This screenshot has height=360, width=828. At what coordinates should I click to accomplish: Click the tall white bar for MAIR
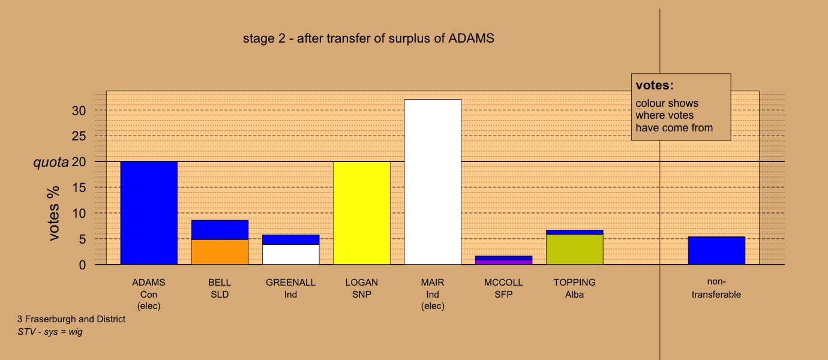[x=433, y=181]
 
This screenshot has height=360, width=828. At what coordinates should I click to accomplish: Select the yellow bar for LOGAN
[x=362, y=213]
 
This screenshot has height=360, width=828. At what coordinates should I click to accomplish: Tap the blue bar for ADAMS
[x=149, y=213]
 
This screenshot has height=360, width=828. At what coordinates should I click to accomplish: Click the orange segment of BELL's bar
[x=220, y=252]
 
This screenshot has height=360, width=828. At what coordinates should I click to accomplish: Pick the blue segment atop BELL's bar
[x=220, y=230]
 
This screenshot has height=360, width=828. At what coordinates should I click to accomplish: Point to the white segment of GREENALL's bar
[x=290, y=254]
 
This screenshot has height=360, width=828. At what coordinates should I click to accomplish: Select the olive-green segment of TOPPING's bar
[x=574, y=250]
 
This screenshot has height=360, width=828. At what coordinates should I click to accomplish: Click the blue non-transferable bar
[x=716, y=251]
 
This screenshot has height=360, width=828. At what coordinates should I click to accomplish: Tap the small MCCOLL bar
[x=503, y=260]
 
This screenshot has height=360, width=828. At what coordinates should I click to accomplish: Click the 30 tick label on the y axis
[x=79, y=110]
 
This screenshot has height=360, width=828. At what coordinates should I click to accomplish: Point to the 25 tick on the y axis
[x=79, y=136]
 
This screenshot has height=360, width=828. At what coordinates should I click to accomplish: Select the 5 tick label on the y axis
[x=82, y=239]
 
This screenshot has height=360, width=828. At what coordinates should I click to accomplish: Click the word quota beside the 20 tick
[x=51, y=162]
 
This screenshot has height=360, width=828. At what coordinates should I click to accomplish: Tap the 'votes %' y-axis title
[x=53, y=213]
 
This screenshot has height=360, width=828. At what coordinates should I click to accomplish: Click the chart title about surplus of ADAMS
[x=368, y=38]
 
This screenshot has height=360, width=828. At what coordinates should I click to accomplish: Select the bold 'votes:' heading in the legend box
[x=655, y=85]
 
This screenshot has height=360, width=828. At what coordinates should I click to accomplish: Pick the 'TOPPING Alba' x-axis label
[x=574, y=288]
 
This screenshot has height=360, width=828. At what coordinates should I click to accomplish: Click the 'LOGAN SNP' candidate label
[x=362, y=288]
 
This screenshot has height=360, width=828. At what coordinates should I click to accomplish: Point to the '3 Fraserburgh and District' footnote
[x=71, y=319]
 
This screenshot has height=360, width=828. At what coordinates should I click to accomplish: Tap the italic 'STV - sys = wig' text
[x=50, y=332]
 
